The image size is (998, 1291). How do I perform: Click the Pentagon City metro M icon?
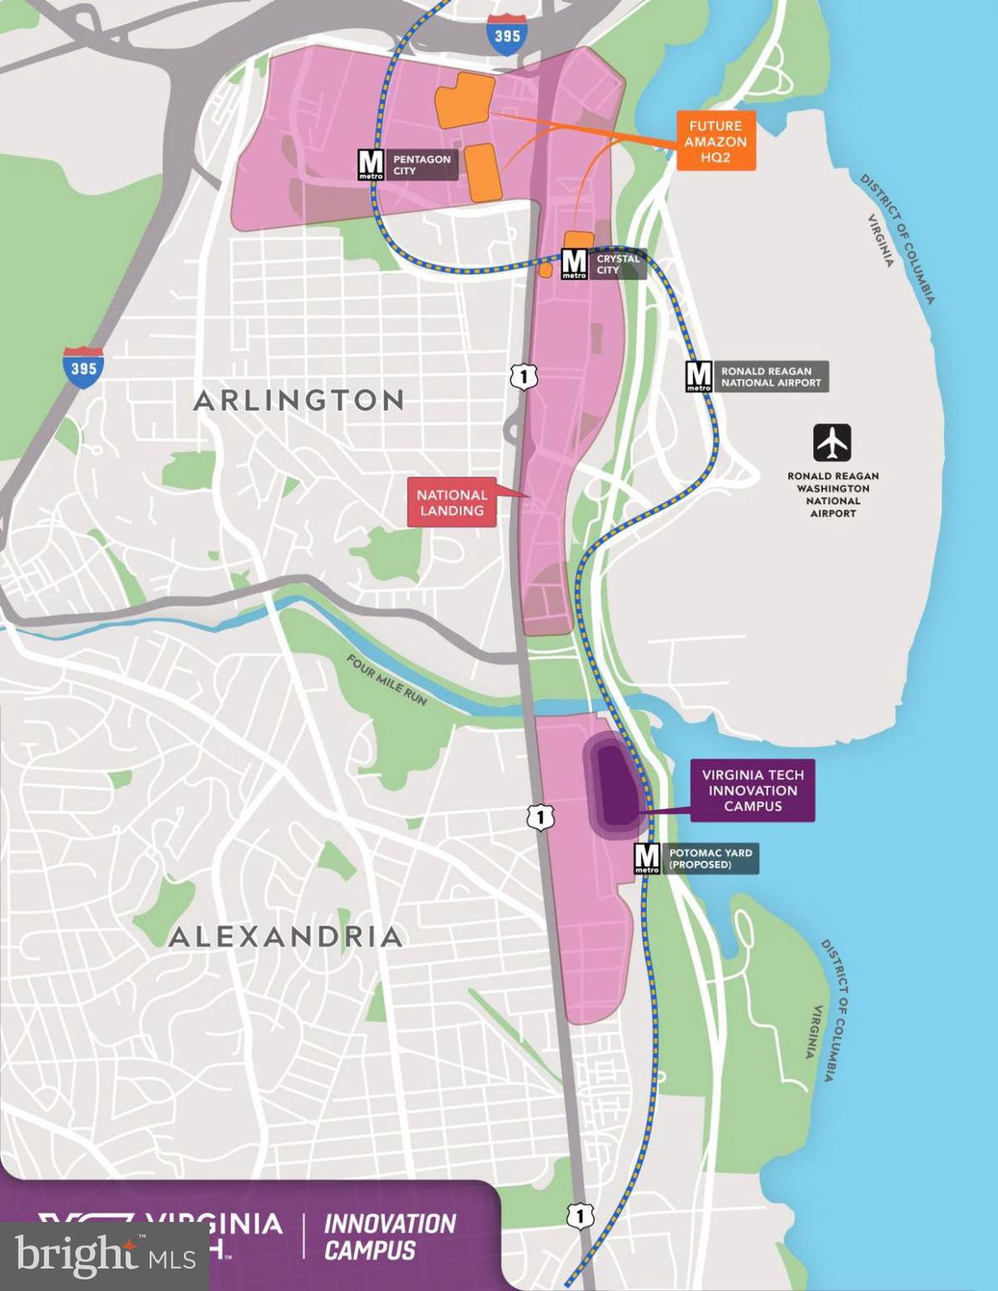click(x=370, y=165)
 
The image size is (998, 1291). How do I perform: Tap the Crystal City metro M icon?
click(x=574, y=264)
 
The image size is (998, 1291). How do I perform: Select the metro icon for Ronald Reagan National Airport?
click(x=699, y=377)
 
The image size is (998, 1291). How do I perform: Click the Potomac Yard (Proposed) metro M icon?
click(x=647, y=858)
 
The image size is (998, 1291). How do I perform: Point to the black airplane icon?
click(x=832, y=443)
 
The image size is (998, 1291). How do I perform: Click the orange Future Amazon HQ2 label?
click(x=716, y=140)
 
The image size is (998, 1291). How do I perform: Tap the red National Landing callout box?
click(x=452, y=503)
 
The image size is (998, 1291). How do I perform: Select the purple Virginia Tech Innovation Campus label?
click(x=753, y=790)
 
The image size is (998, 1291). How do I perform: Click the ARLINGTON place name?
click(x=299, y=400)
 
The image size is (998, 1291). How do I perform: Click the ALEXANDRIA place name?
click(x=286, y=936)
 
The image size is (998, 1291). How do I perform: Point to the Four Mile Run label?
click(x=387, y=680)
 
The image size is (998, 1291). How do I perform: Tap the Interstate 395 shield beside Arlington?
click(x=83, y=367)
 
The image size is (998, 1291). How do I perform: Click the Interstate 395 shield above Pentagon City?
click(x=507, y=35)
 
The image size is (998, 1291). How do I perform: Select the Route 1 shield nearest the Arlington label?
click(x=523, y=377)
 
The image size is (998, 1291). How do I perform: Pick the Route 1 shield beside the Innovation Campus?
click(x=541, y=816)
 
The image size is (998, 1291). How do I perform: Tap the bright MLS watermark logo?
click(x=104, y=1257)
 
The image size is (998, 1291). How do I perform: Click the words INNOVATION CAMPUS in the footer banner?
click(x=390, y=1236)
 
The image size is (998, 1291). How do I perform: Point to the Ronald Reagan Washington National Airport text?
click(x=833, y=494)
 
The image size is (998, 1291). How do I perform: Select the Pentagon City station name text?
click(x=422, y=165)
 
